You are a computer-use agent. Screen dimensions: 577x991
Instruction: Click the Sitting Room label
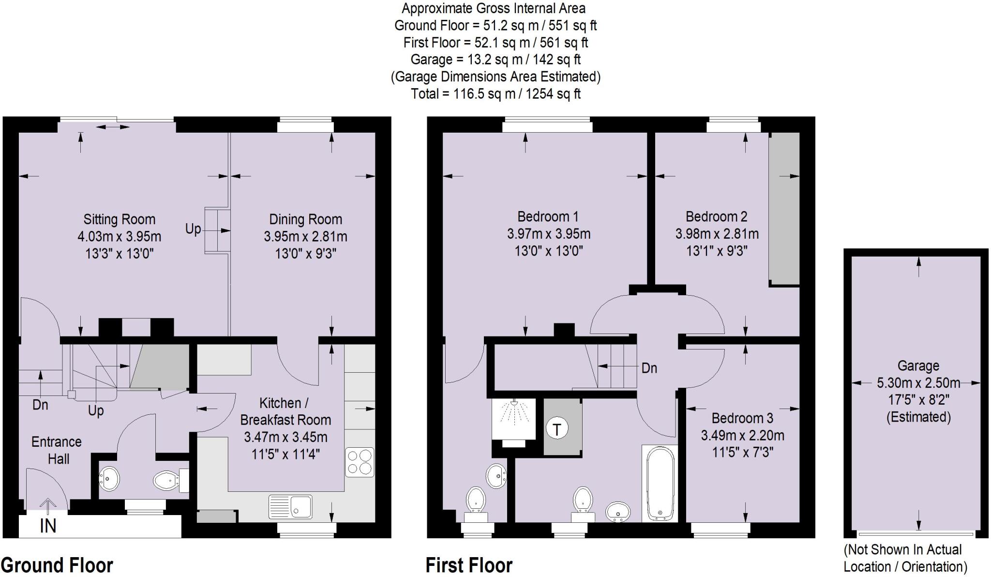click(x=119, y=219)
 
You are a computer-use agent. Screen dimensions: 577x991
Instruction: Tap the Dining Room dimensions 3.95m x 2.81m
click(x=305, y=237)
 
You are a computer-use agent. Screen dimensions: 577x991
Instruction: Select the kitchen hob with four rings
click(x=360, y=462)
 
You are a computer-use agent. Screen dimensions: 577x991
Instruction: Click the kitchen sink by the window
click(x=290, y=506)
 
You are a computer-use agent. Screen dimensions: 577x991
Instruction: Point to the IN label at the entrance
click(x=48, y=526)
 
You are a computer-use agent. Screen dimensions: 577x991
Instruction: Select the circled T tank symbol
click(x=557, y=429)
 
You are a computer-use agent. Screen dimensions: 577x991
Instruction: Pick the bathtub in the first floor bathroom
click(x=660, y=484)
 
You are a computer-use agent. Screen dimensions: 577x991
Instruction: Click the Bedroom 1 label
click(x=548, y=216)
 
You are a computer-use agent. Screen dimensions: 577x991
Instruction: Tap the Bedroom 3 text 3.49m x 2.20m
click(x=742, y=435)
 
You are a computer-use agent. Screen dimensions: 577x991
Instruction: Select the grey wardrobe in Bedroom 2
click(x=784, y=208)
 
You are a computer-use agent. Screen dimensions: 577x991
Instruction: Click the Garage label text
click(x=918, y=366)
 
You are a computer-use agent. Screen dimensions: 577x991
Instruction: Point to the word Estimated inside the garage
click(x=918, y=417)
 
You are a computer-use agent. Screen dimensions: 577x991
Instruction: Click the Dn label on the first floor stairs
click(x=649, y=368)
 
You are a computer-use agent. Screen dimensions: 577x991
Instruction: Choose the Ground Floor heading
click(x=57, y=565)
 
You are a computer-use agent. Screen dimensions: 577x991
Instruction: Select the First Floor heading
click(x=468, y=565)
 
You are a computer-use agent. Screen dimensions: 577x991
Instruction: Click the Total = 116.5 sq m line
click(x=495, y=93)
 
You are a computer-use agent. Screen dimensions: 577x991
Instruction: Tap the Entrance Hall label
click(x=57, y=450)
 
